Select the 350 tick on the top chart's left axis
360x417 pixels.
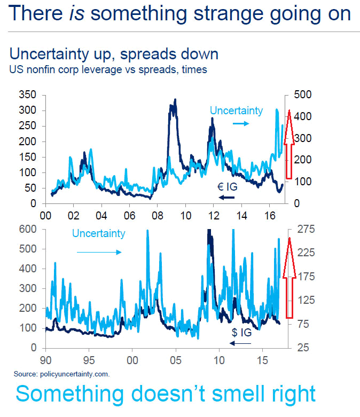pos(26,95)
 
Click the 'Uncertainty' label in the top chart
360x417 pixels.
pos(236,111)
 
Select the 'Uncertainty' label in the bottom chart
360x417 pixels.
pos(98,233)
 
